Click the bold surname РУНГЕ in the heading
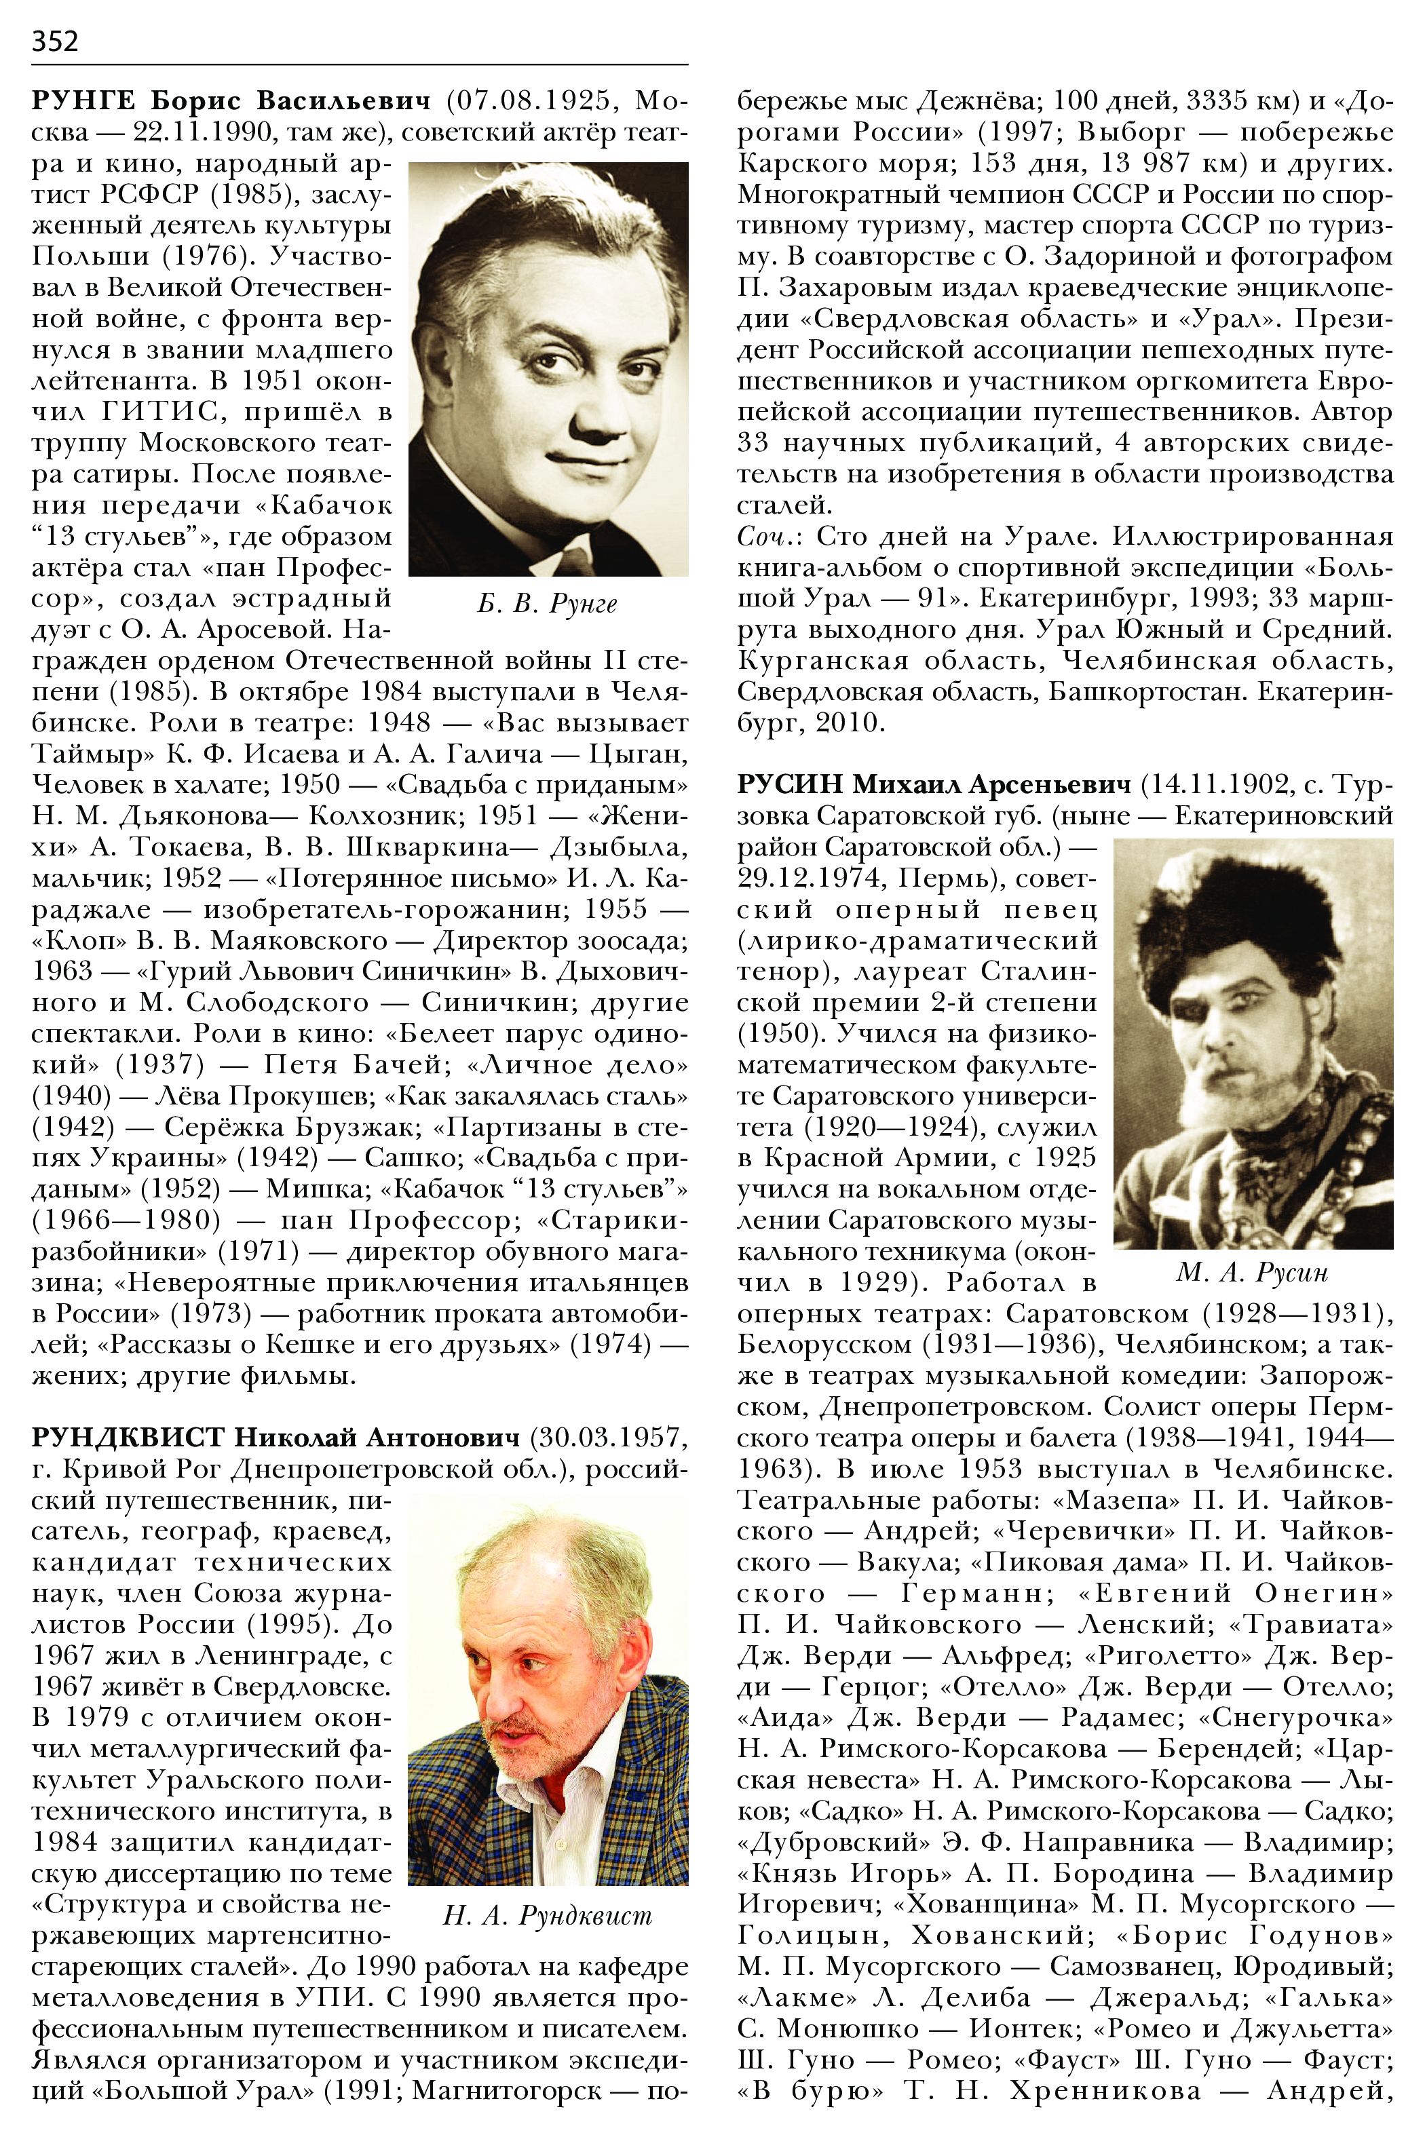(83, 101)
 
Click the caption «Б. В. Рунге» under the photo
(547, 604)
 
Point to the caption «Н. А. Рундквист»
(547, 1912)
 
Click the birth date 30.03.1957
(610, 1438)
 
